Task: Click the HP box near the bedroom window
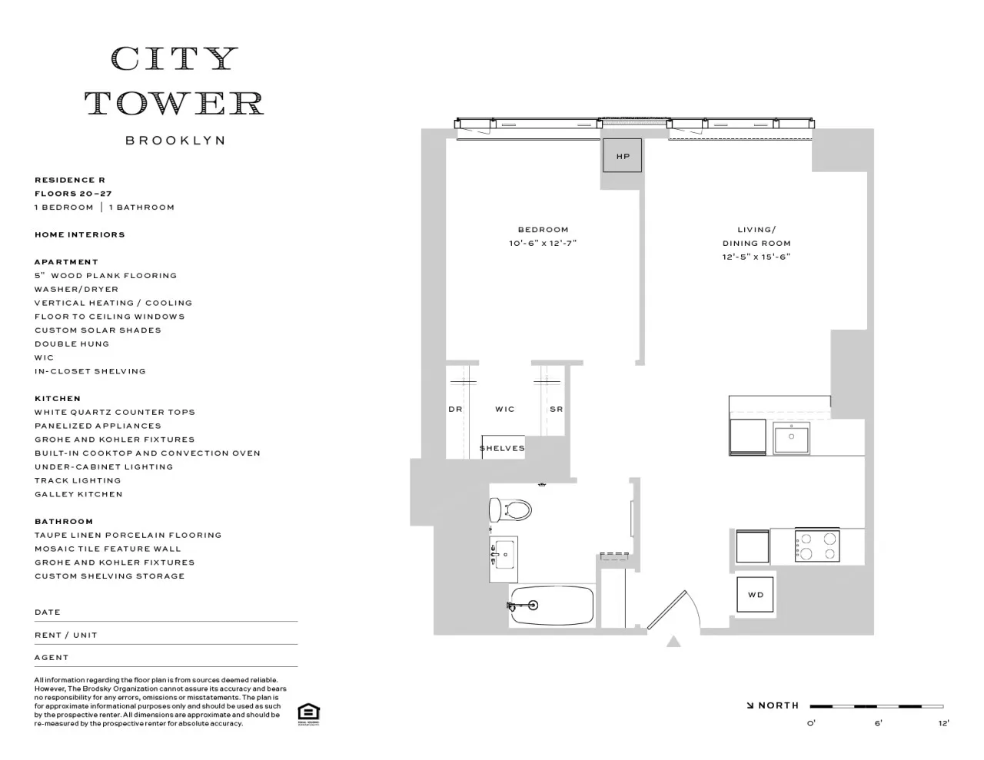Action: [x=622, y=156]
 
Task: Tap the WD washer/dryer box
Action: [x=755, y=595]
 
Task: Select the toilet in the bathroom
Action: [x=511, y=509]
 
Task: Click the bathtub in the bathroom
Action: [x=551, y=606]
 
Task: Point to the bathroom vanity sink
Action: [x=504, y=553]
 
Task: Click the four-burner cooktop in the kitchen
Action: [x=816, y=546]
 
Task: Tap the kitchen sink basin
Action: [x=791, y=439]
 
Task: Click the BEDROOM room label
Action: [x=543, y=230]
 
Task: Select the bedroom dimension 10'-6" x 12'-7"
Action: [x=543, y=244]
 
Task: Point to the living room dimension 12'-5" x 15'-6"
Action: [x=756, y=257]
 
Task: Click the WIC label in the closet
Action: [x=505, y=410]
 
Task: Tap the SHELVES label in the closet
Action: [x=502, y=448]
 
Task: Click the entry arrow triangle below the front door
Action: [x=673, y=641]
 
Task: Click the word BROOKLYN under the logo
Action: [x=175, y=141]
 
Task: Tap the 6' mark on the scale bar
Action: [x=877, y=722]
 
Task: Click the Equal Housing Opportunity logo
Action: [x=308, y=714]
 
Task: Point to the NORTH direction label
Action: [x=777, y=705]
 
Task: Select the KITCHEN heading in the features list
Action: [x=58, y=399]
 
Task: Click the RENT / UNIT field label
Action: [x=66, y=636]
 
